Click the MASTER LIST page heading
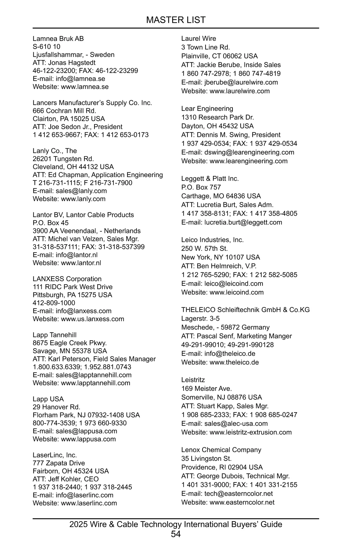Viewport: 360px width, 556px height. pyautogui.click(x=176, y=20)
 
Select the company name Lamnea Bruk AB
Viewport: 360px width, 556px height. pyautogui.click(x=58, y=39)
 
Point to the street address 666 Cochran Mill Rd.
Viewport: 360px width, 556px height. pyautogui.click(x=64, y=111)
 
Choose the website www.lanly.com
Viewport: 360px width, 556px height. pyautogui.click(x=83, y=199)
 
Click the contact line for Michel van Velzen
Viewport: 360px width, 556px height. pyautogui.click(x=86, y=239)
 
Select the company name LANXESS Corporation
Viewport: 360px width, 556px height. pyautogui.click(x=67, y=279)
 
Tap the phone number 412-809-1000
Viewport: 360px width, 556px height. pyautogui.click(x=54, y=303)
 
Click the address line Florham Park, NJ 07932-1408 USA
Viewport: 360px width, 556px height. pyautogui.click(x=86, y=415)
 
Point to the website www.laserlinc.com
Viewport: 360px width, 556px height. pyautogui.click(x=89, y=503)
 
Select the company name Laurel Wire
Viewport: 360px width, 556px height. pyautogui.click(x=199, y=38)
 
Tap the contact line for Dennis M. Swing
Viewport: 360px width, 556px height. pyautogui.click(x=231, y=135)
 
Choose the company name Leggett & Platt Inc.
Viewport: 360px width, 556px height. pyautogui.click(x=210, y=179)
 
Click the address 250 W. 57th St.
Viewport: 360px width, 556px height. pyautogui.click(x=205, y=249)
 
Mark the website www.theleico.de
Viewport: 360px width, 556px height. pyautogui.click(x=234, y=362)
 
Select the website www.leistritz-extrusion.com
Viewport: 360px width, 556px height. pyautogui.click(x=250, y=432)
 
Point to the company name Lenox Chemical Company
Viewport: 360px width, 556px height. pyautogui.click(x=221, y=450)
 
